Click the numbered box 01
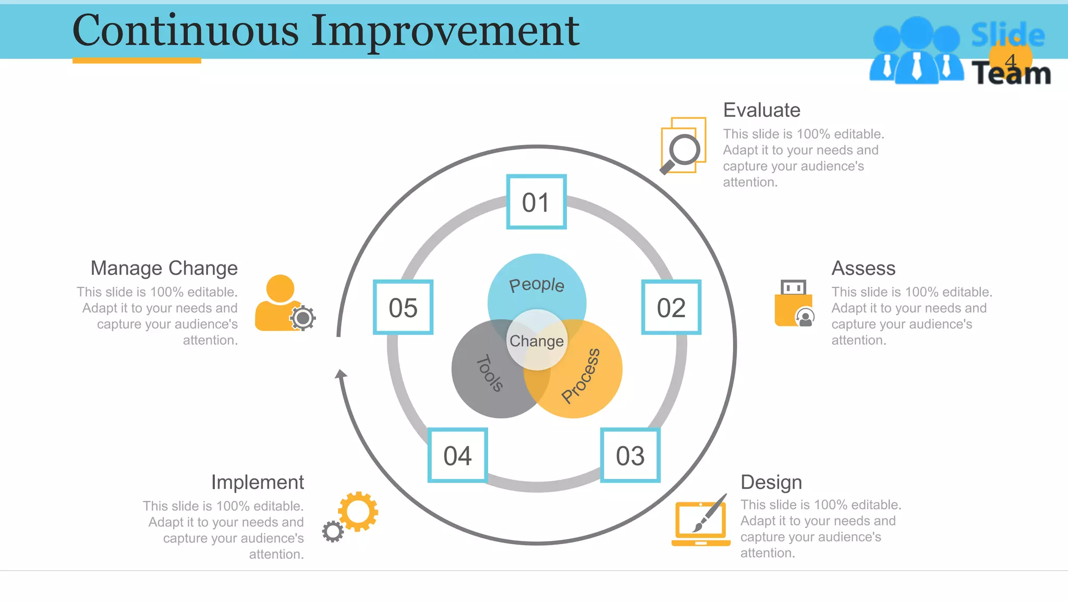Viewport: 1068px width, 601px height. coord(536,202)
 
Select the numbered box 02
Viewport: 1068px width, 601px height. coord(671,307)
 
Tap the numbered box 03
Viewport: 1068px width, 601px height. coord(630,455)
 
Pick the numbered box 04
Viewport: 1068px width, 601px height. coord(457,455)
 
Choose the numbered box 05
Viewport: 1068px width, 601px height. coord(403,307)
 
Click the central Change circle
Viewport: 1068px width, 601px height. coord(537,341)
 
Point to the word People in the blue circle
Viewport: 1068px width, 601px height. coord(537,285)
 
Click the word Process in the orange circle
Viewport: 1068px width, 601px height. coord(581,376)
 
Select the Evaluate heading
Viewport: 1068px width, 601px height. coord(761,110)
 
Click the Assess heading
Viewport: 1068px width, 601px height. coord(863,268)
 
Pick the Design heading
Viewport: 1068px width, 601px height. coord(771,482)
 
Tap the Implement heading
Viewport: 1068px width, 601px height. coord(257,482)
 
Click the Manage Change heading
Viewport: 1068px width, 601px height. coord(164,268)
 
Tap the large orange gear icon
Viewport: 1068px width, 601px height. coord(358,511)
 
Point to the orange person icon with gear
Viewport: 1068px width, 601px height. coord(282,305)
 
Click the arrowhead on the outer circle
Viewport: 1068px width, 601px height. coord(341,374)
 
